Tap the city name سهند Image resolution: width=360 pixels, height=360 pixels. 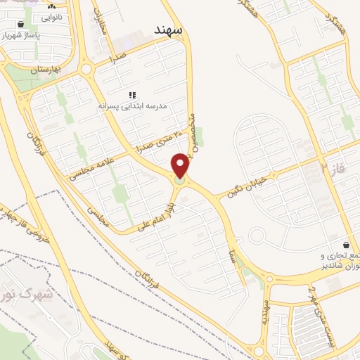pyautogui.click(x=168, y=30)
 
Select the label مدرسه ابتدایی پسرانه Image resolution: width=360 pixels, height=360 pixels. pyautogui.click(x=132, y=105)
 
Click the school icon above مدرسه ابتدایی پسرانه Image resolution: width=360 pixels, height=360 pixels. pyautogui.click(x=131, y=95)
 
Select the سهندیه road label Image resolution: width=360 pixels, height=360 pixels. pyautogui.click(x=266, y=308)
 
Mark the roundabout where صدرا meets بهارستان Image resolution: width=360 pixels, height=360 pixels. pyautogui.click(x=88, y=69)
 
